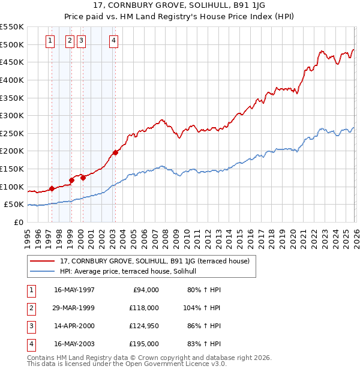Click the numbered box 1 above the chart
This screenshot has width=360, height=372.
(49, 41)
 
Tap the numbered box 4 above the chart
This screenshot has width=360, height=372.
(113, 41)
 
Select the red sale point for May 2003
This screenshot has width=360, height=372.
(115, 152)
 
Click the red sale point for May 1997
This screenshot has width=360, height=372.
(52, 188)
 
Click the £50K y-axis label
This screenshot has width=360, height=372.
(14, 205)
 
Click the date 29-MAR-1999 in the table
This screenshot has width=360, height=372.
(74, 308)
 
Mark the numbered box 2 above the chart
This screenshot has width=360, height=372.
(69, 41)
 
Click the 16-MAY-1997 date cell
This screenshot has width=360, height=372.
(74, 290)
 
